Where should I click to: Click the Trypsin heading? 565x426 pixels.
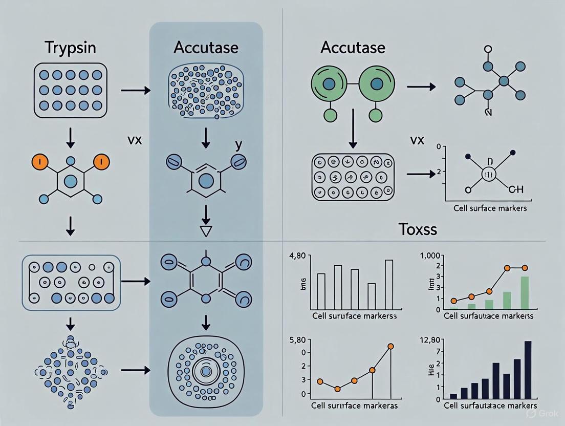[x=70, y=49]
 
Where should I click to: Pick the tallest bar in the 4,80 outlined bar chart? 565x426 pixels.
[x=389, y=284]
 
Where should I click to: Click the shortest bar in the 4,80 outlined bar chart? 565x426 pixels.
[x=372, y=295]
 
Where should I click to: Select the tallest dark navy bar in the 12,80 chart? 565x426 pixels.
[x=528, y=370]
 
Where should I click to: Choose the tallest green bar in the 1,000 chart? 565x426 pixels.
[x=525, y=292]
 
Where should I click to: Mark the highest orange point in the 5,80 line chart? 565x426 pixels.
[x=390, y=347]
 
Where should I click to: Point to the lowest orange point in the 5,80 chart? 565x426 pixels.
[x=337, y=389]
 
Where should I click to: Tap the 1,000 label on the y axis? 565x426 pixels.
[x=430, y=255]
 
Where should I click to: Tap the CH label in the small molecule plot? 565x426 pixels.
[x=515, y=190]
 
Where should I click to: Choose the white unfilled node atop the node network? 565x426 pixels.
[x=488, y=50]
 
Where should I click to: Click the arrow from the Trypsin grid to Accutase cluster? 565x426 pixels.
[x=136, y=91]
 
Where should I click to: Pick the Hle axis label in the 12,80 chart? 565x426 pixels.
[x=437, y=373]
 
